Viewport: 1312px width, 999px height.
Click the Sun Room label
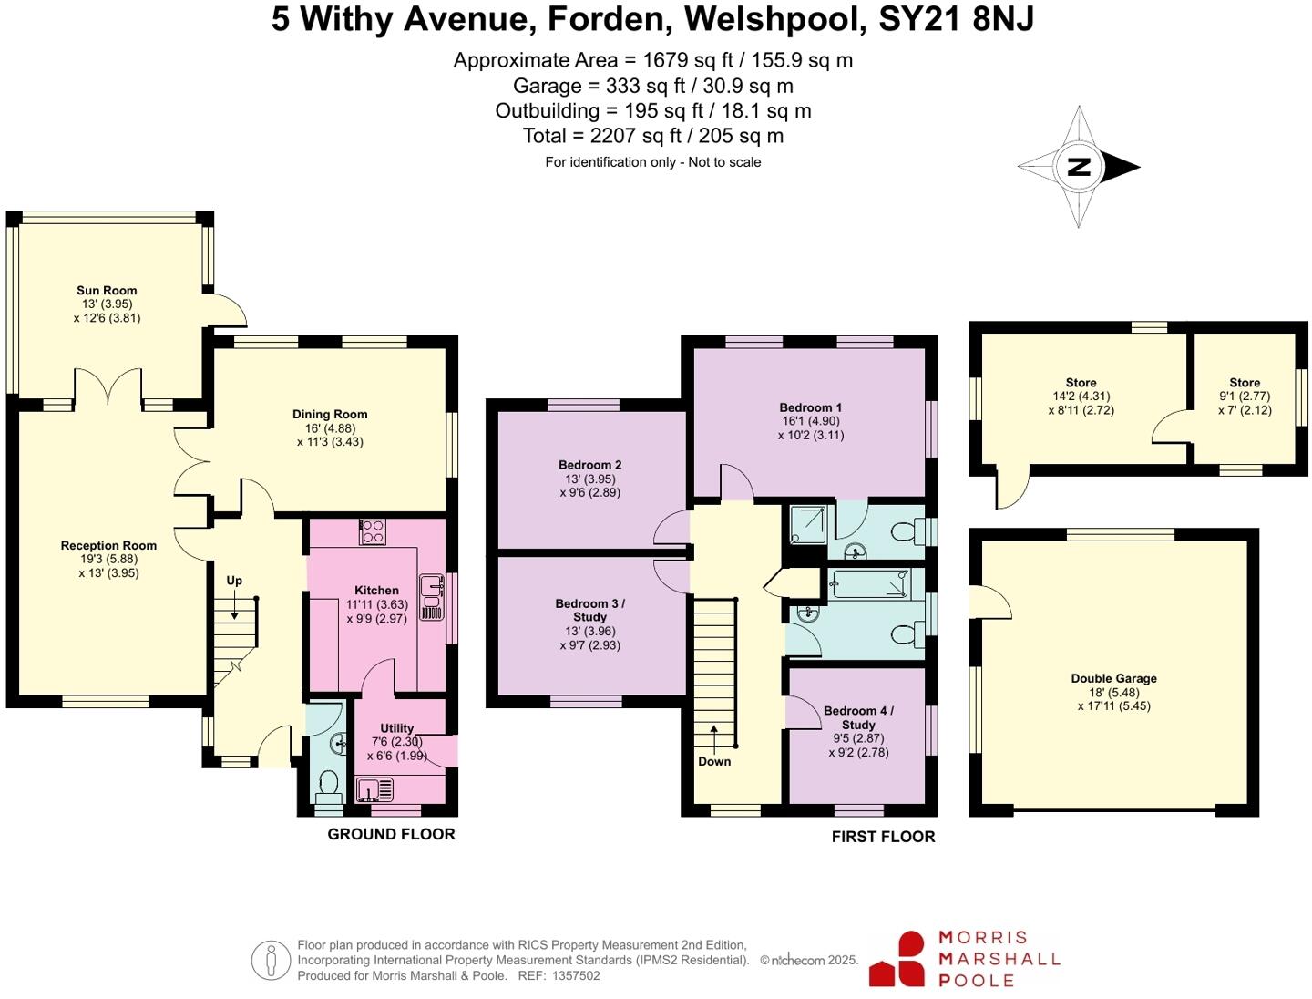[x=107, y=291]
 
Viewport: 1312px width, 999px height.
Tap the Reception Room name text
[x=108, y=546]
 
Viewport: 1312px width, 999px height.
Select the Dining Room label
[x=330, y=415]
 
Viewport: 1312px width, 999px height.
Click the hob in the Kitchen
[x=372, y=531]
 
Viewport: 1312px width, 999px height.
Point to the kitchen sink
[x=431, y=597]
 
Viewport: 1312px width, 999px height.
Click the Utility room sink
[x=374, y=789]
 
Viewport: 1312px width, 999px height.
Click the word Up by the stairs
[x=234, y=581]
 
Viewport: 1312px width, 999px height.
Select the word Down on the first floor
[x=714, y=762]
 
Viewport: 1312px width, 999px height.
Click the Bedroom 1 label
[x=810, y=407]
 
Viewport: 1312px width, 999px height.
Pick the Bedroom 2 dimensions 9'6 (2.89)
[x=590, y=492]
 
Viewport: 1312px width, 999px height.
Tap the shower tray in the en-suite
[x=807, y=525]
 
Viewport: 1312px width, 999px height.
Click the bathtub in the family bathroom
[x=869, y=584]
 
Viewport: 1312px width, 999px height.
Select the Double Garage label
[x=1113, y=678]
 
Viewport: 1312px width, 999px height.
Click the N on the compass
[x=1079, y=167]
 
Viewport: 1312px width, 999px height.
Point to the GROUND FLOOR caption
[x=391, y=834]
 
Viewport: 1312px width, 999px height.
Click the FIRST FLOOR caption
[x=883, y=837]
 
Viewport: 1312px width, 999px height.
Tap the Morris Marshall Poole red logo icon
[x=897, y=960]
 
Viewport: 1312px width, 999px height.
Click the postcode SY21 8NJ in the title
[x=956, y=19]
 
